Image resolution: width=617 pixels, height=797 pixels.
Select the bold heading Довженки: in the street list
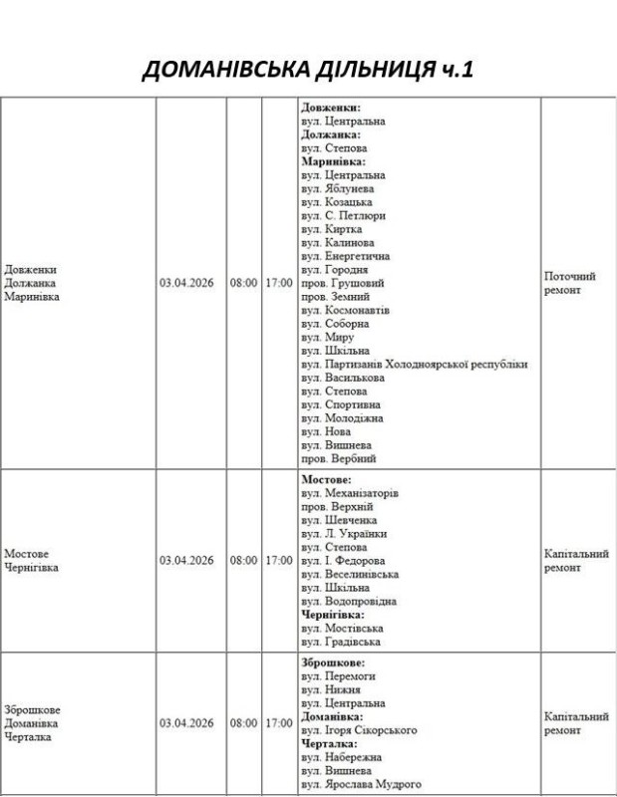[x=330, y=108]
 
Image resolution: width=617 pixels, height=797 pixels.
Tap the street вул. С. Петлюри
[x=343, y=215]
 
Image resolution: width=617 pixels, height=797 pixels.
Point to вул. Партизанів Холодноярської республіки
[x=414, y=365]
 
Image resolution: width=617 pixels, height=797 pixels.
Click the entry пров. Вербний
[x=339, y=459]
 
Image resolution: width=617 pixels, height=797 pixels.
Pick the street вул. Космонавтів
[x=345, y=310]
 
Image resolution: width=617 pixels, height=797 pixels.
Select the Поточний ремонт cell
[x=570, y=283]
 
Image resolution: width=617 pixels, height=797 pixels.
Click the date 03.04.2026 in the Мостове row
[x=186, y=560]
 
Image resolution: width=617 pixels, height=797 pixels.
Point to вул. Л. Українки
[x=344, y=534]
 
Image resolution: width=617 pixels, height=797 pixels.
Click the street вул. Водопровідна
[x=348, y=602]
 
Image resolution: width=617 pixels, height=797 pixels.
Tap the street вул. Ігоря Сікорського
[x=359, y=730]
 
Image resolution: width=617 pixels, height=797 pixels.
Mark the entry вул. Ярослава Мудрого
[x=360, y=784]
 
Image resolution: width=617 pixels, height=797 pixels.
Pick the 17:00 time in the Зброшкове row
[x=279, y=723]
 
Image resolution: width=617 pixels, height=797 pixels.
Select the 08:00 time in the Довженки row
[x=243, y=283]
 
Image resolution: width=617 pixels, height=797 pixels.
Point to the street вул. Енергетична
[x=345, y=256]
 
